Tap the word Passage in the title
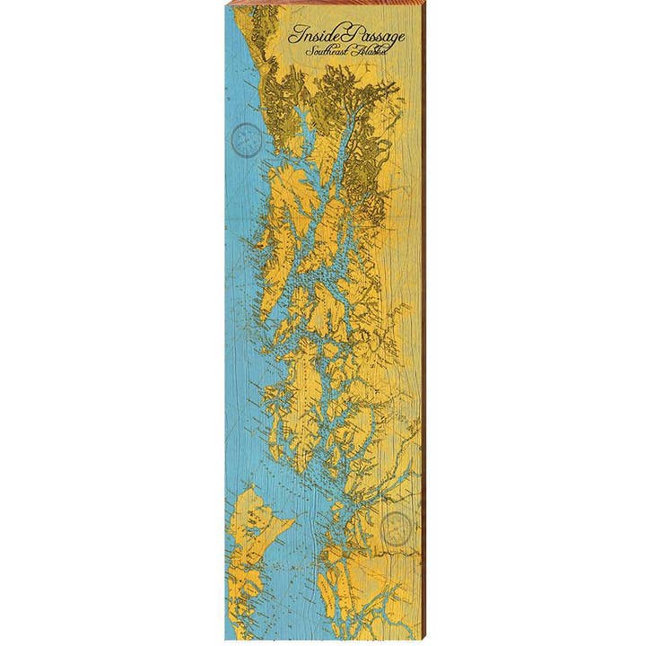(x=371, y=37)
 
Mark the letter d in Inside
(x=319, y=35)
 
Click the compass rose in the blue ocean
(x=246, y=139)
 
